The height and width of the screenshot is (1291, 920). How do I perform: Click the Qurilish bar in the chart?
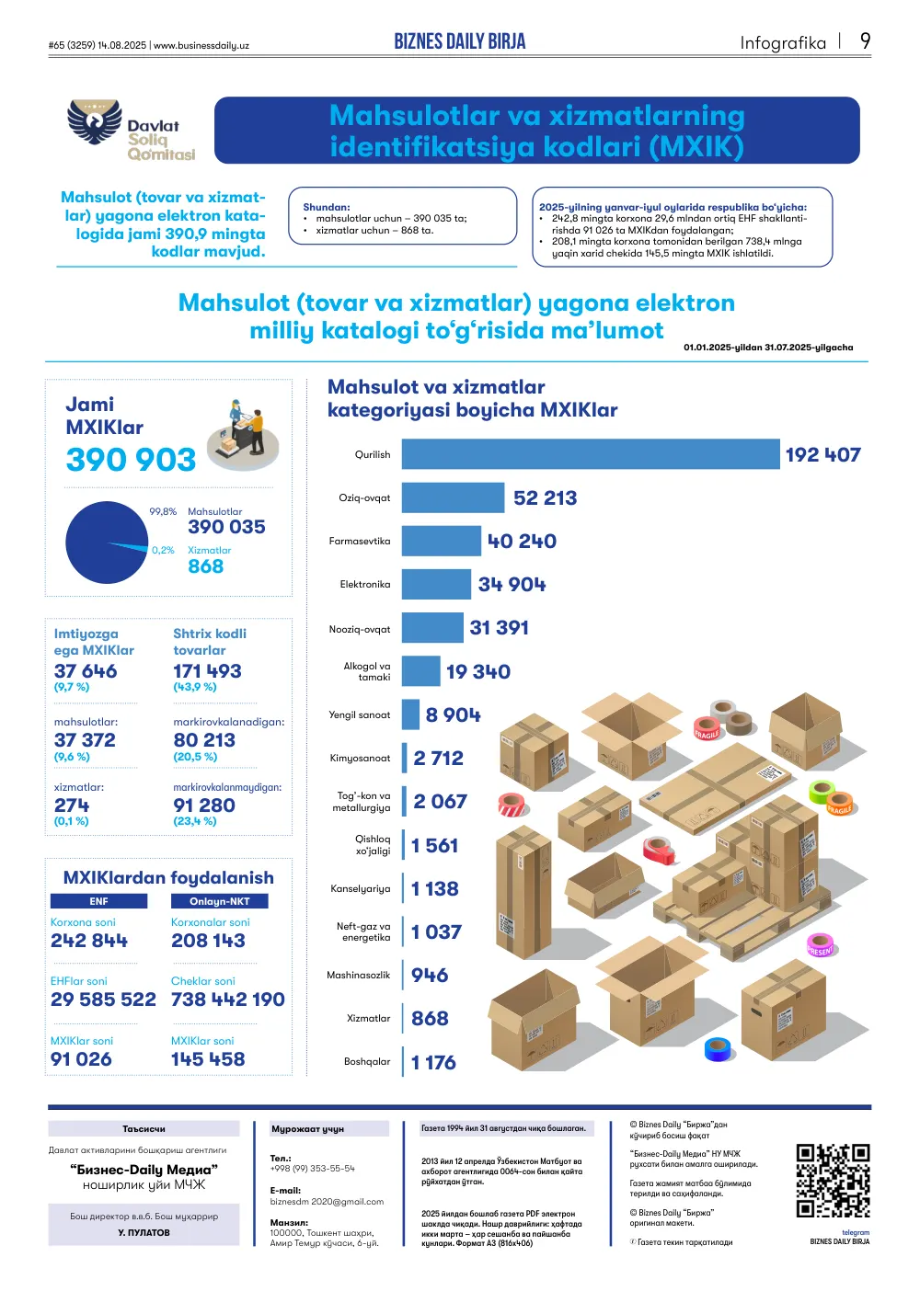coord(591,454)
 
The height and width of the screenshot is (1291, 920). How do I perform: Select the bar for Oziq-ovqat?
coord(453,497)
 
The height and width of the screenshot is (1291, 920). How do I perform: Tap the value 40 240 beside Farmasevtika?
coord(522,542)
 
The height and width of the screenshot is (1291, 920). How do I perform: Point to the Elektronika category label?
coord(364,585)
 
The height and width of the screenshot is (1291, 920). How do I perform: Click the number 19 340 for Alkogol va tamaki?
coord(478,671)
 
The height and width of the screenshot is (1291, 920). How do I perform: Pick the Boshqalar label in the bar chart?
coord(367,1062)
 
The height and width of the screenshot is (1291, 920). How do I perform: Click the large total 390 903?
coord(131,460)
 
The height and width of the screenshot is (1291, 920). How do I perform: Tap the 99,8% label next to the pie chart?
coord(163,512)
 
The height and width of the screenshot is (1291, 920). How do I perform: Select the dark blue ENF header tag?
coord(98,901)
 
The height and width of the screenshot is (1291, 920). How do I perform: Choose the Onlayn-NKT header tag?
coord(219,901)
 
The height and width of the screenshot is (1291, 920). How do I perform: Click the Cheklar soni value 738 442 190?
coord(228,1000)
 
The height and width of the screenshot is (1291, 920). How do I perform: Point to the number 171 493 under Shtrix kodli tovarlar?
coord(207,671)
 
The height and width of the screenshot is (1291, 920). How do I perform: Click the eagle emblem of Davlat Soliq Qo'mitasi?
coord(95,122)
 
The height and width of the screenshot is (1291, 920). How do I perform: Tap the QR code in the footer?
coord(833,1181)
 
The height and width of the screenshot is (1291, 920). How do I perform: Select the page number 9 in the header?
coord(865,41)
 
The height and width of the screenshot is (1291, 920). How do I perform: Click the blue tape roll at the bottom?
coord(718,1049)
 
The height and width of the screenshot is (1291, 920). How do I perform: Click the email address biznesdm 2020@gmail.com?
coord(327,1202)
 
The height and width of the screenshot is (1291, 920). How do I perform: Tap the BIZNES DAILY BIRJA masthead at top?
coord(460,41)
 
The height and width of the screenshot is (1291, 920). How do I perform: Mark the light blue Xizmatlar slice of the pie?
coord(128,546)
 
